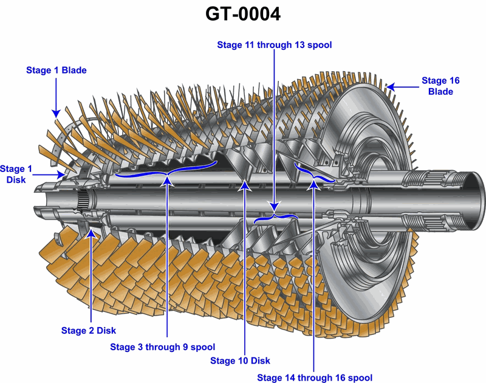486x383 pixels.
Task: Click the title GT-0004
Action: (243, 14)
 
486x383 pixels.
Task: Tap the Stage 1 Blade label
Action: (56, 70)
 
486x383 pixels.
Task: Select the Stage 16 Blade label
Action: (440, 86)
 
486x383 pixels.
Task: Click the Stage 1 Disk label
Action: (16, 174)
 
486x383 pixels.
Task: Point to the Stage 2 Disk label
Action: (88, 331)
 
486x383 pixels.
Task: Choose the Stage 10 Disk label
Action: (240, 361)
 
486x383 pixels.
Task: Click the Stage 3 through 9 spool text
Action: (162, 347)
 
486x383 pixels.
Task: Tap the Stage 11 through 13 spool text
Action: (275, 45)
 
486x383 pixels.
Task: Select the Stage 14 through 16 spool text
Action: (315, 378)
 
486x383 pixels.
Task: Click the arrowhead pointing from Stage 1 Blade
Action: (56, 114)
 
